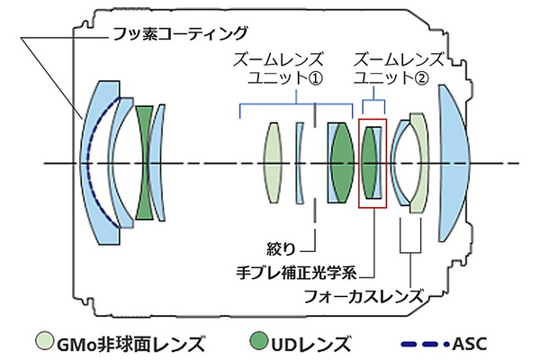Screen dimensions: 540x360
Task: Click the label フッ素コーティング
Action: pos(180,34)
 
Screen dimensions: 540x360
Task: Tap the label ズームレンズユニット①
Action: pos(278,68)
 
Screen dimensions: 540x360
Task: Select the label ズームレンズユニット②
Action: pos(399,68)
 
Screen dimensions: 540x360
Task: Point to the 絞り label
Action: pos(281,248)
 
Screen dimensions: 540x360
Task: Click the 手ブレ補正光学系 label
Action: pos(296,273)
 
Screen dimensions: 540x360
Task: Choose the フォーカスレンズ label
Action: pos(364,296)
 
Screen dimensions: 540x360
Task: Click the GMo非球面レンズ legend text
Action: pos(130,345)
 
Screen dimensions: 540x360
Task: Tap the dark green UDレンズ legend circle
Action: pos(258,341)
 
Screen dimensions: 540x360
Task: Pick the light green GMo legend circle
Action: pos(45,341)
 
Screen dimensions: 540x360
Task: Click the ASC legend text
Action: pos(470,344)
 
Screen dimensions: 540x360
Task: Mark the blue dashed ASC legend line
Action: pos(425,344)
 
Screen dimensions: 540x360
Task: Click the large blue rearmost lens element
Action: pos(453,163)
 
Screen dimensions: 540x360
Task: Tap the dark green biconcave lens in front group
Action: pos(144,163)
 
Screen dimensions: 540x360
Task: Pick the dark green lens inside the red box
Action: pos(369,163)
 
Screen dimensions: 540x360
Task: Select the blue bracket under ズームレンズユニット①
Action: pos(296,103)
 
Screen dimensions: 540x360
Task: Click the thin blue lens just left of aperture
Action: pos(299,163)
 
